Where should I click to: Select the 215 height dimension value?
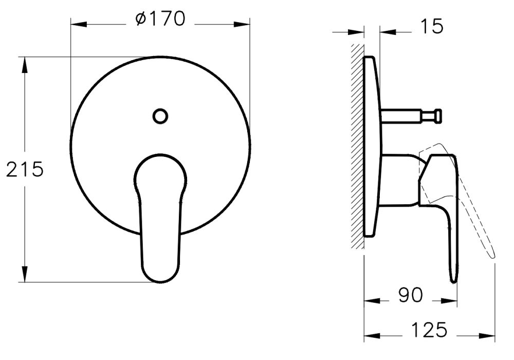click(x=25, y=169)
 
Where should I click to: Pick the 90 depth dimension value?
click(x=410, y=295)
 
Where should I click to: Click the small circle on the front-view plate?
click(x=160, y=116)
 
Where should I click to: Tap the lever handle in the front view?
click(x=160, y=216)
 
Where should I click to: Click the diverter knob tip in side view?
click(x=437, y=116)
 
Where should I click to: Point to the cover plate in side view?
click(x=371, y=147)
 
